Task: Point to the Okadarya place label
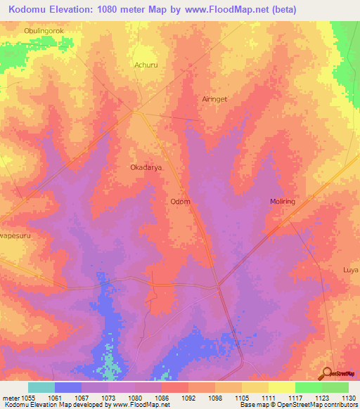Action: pos(146,168)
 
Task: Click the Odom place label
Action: pos(181,202)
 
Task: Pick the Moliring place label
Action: pos(283,202)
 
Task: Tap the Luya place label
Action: pos(351,270)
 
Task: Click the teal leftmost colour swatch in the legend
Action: pos(41,387)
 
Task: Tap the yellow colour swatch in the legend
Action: pos(281,387)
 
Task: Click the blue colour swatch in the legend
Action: pos(68,387)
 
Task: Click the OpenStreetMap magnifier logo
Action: pos(327,372)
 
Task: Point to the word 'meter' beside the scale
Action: pos(10,396)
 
